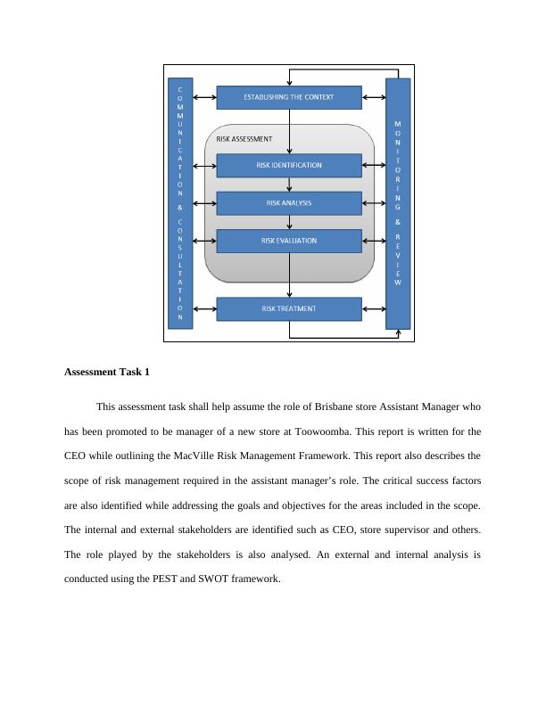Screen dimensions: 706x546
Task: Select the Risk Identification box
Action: point(289,165)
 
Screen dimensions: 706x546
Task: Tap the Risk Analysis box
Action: point(289,203)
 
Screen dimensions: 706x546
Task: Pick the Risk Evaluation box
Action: point(289,241)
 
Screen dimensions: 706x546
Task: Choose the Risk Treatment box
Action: point(289,309)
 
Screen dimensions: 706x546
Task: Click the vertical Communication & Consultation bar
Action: point(180,203)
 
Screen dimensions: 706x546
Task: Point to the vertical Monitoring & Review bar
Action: point(398,203)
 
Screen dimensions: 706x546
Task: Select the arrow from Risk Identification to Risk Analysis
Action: point(289,185)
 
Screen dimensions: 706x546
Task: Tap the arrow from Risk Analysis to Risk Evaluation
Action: point(289,222)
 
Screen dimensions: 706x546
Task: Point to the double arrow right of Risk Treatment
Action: point(374,309)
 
